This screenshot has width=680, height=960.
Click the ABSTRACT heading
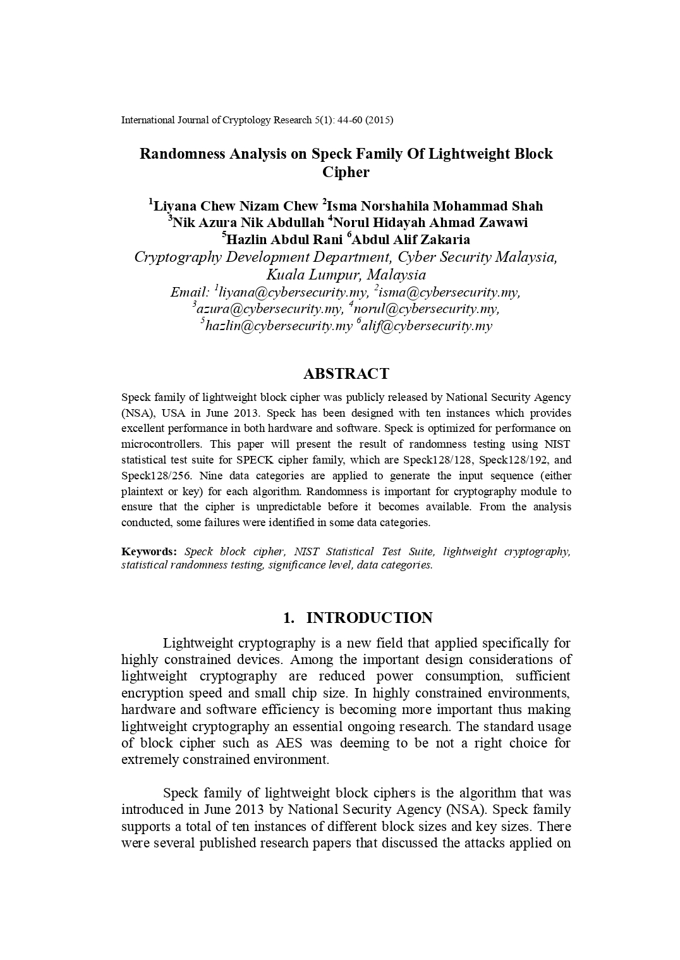coord(346,374)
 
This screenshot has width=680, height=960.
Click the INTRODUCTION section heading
coord(369,618)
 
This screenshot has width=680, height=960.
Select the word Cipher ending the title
coord(346,172)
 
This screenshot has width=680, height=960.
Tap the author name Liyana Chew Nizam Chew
coord(236,206)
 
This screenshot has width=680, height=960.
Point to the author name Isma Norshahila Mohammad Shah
coord(435,206)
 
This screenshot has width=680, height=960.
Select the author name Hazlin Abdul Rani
coord(284,240)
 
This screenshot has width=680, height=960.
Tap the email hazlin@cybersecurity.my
coord(279,326)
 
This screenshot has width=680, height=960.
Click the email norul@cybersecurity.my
coord(427,309)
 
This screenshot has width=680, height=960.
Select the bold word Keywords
coord(149,551)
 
